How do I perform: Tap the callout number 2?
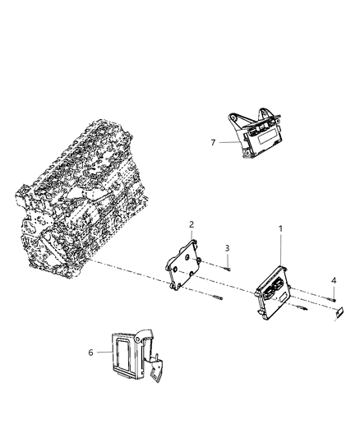click(x=192, y=224)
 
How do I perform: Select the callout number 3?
click(x=228, y=247)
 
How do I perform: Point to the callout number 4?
click(x=333, y=281)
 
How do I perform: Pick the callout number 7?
click(x=213, y=142)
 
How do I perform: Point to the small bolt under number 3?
click(x=227, y=265)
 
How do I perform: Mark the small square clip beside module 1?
click(x=339, y=313)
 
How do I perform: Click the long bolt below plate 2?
click(x=215, y=298)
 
